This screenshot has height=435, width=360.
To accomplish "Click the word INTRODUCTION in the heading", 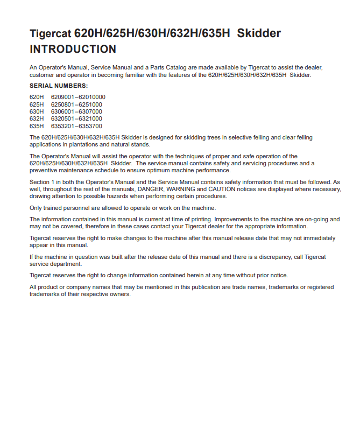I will click(73, 50).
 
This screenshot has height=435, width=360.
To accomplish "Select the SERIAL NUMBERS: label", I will click(59, 86).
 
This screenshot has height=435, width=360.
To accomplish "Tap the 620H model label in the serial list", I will click(37, 97).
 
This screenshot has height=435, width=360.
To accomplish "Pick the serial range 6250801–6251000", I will click(76, 104).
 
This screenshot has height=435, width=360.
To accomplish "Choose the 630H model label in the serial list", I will click(37, 111).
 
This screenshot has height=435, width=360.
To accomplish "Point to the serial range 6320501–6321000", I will click(76, 118).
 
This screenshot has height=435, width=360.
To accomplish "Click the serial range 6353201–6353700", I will click(76, 125).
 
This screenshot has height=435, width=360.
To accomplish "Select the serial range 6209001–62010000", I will click(78, 97).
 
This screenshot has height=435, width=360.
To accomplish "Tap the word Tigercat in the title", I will click(50, 33).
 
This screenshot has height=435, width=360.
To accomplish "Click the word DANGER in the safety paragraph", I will click(150, 189).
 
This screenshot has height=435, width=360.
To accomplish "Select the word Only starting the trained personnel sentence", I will click(36, 208).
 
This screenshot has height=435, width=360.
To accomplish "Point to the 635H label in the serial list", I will click(37, 125).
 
